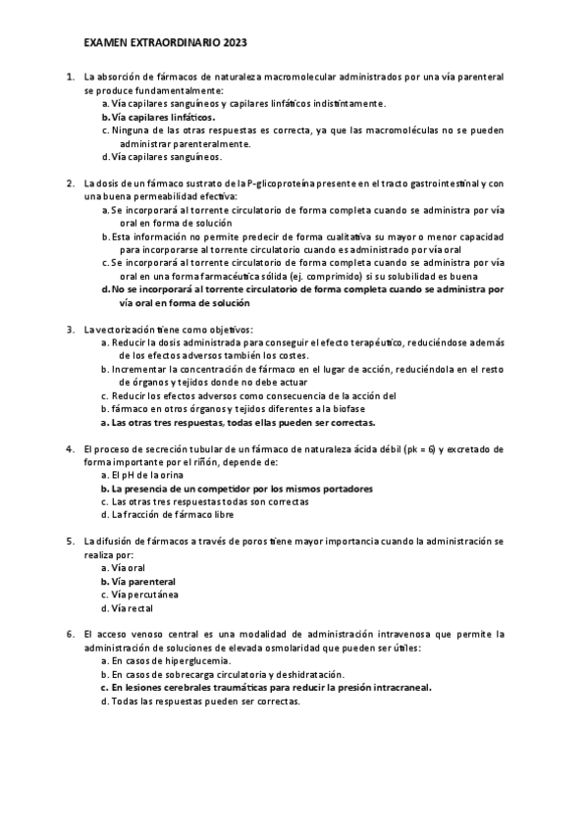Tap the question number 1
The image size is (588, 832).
click(x=70, y=76)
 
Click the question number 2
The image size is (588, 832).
click(x=70, y=183)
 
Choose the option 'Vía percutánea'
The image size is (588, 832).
click(x=144, y=595)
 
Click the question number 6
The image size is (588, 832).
click(x=70, y=634)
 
